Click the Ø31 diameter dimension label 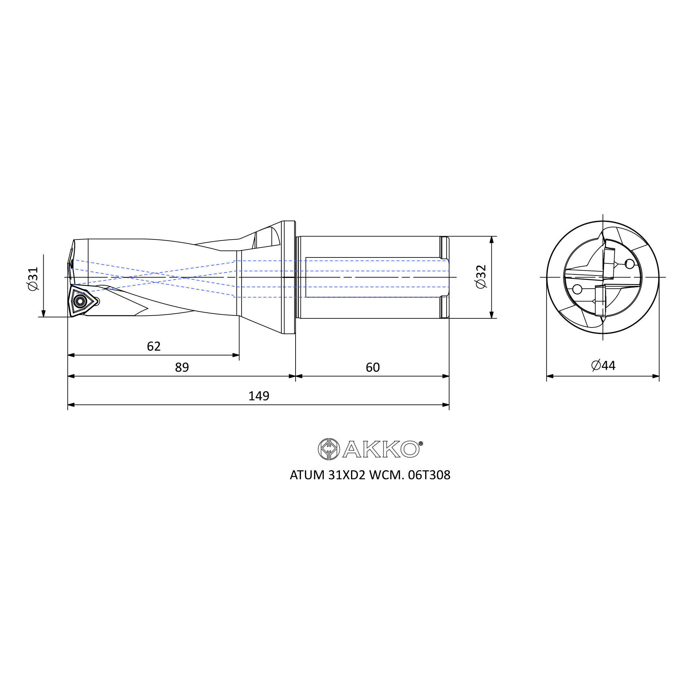33,279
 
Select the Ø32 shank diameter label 481,276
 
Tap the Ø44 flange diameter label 603,366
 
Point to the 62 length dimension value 153,346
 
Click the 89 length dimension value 182,367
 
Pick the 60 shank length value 373,367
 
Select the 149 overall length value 258,396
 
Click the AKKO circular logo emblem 328,449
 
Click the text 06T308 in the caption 429,475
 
